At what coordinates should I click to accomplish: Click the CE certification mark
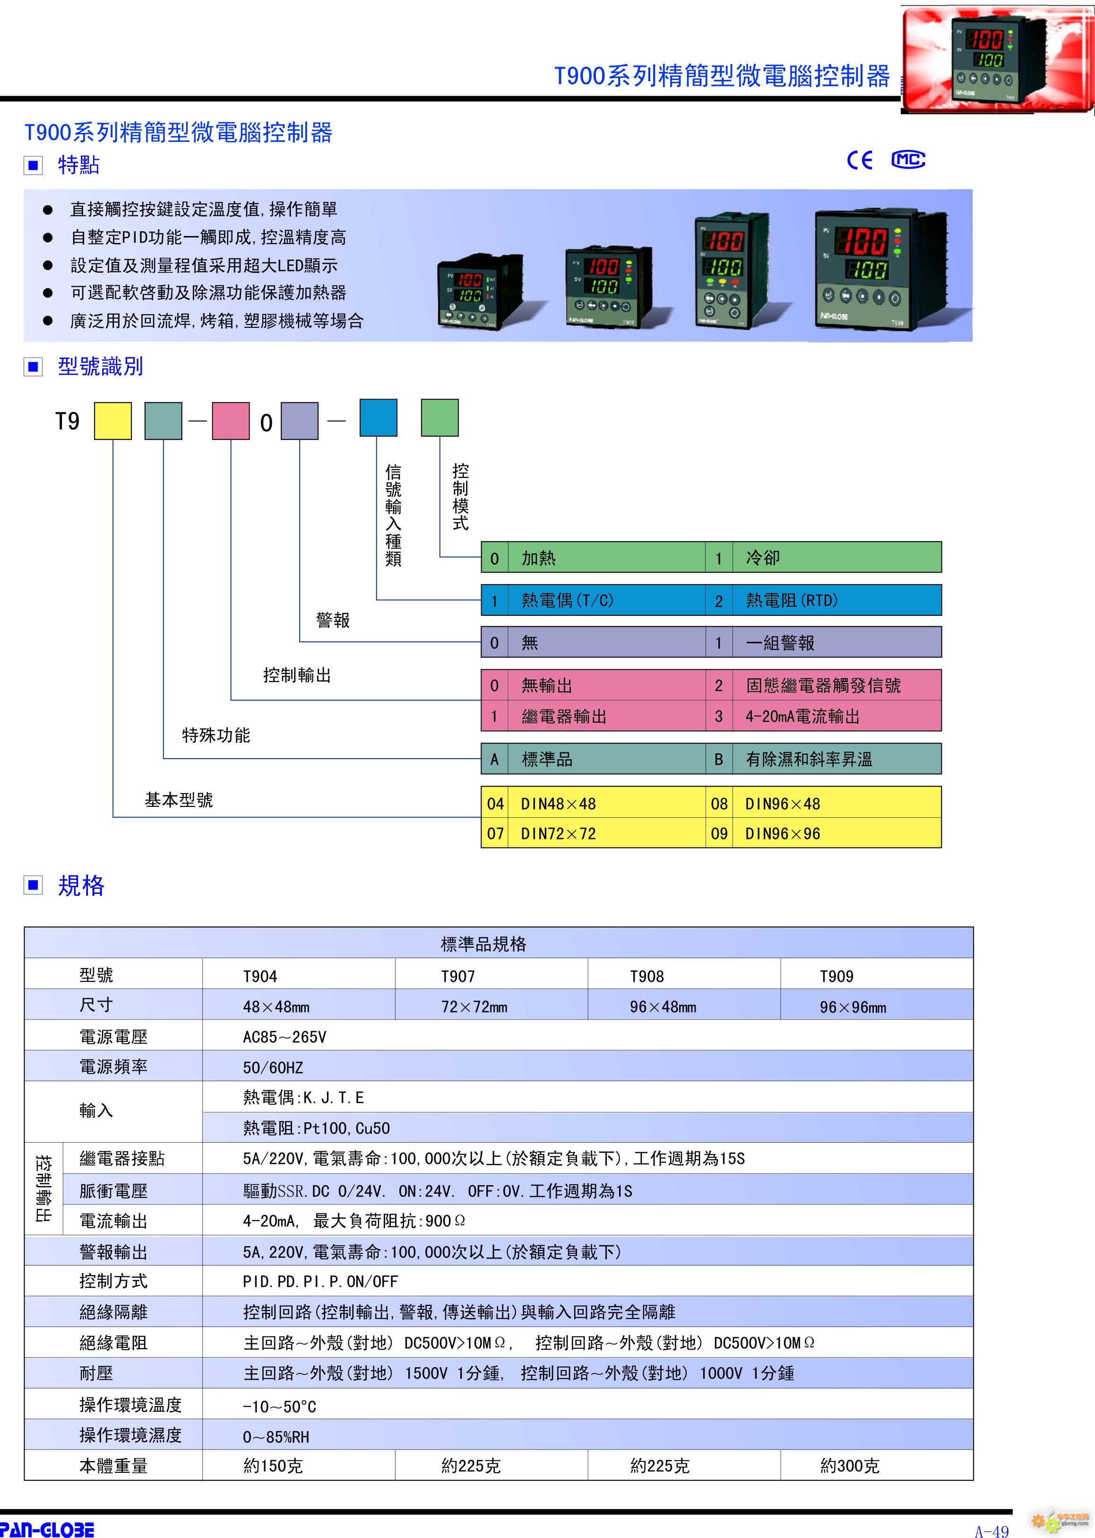point(860,160)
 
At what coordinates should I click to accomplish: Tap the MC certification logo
point(908,160)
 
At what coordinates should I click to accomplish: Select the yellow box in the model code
point(112,421)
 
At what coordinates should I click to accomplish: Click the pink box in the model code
point(231,421)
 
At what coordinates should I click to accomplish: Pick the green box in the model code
point(440,418)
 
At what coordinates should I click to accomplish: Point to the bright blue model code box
point(378,418)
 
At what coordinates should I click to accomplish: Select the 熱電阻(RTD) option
point(792,600)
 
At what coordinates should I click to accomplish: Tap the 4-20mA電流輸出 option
point(802,717)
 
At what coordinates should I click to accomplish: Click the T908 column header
point(647,976)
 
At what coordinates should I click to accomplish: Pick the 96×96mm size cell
point(853,1007)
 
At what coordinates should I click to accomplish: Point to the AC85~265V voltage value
point(285,1037)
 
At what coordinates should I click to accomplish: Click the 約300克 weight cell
point(850,1466)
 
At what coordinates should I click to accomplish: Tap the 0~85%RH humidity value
point(276,1437)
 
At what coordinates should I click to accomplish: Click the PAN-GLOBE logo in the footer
point(47,1529)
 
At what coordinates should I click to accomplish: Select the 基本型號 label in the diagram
point(179,800)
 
